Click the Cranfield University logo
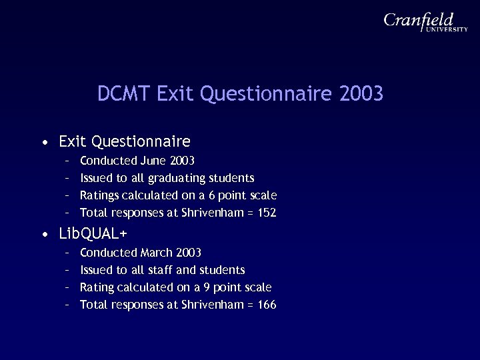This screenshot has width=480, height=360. pyautogui.click(x=425, y=25)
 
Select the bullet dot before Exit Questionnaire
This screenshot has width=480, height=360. pyautogui.click(x=43, y=142)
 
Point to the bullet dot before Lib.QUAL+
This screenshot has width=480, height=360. pyautogui.click(x=43, y=234)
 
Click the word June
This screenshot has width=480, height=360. pyautogui.click(x=155, y=160)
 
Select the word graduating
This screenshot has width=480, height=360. pyautogui.click(x=179, y=178)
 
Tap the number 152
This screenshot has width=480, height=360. pyautogui.click(x=266, y=213)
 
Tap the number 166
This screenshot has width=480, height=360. pyautogui.click(x=266, y=305)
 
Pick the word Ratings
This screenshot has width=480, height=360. pyautogui.click(x=99, y=195)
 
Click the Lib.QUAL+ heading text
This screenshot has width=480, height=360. pyautogui.click(x=93, y=234)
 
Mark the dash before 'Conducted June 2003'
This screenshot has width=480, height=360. pyautogui.click(x=67, y=161)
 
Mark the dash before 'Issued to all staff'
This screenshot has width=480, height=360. pyautogui.click(x=67, y=270)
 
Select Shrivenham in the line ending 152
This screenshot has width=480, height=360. pyautogui.click(x=209, y=213)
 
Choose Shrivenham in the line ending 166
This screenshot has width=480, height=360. pyautogui.click(x=209, y=305)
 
